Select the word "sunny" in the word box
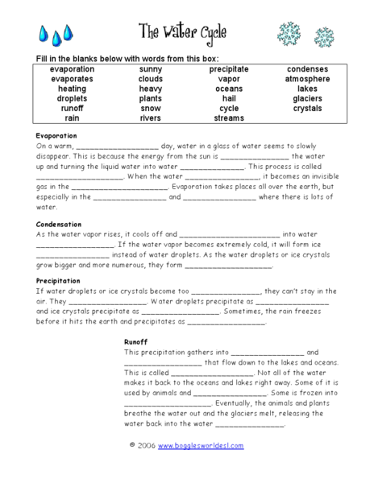tap(150, 69)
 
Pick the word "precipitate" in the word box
tap(228, 69)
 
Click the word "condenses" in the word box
tap(307, 69)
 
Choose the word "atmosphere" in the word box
tap(307, 79)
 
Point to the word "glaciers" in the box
tap(307, 98)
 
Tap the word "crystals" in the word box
tap(307, 108)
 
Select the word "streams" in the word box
tap(228, 118)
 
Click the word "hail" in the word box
tap(228, 98)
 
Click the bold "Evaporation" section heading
tap(56, 136)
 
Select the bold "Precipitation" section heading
tap(58, 281)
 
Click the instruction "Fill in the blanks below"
tap(105, 59)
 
